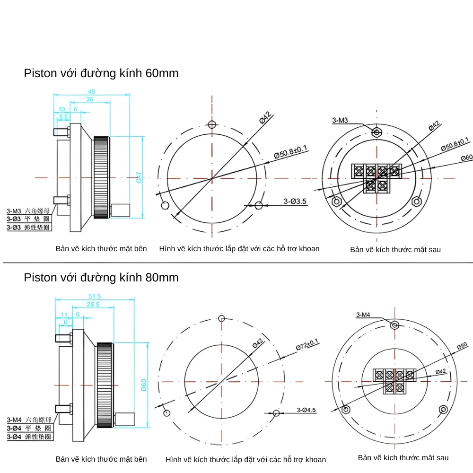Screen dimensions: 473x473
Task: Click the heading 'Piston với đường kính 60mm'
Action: click(101, 73)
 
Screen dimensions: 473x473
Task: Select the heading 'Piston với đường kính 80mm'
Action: click(101, 277)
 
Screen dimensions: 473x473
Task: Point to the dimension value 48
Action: click(91, 91)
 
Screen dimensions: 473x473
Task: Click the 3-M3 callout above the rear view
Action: click(340, 121)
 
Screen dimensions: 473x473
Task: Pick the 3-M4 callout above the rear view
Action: click(364, 315)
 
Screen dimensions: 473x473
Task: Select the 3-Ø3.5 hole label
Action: click(295, 201)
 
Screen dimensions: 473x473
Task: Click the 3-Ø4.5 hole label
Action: click(306, 410)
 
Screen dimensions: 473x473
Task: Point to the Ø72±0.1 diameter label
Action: click(307, 344)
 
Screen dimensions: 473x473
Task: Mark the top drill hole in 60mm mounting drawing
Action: click(212, 125)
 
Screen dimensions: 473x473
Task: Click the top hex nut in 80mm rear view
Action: click(394, 325)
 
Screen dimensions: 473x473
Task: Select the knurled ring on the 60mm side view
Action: click(102, 178)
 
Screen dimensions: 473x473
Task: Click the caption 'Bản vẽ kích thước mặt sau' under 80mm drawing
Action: click(403, 457)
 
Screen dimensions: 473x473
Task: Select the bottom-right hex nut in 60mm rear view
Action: click(416, 201)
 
